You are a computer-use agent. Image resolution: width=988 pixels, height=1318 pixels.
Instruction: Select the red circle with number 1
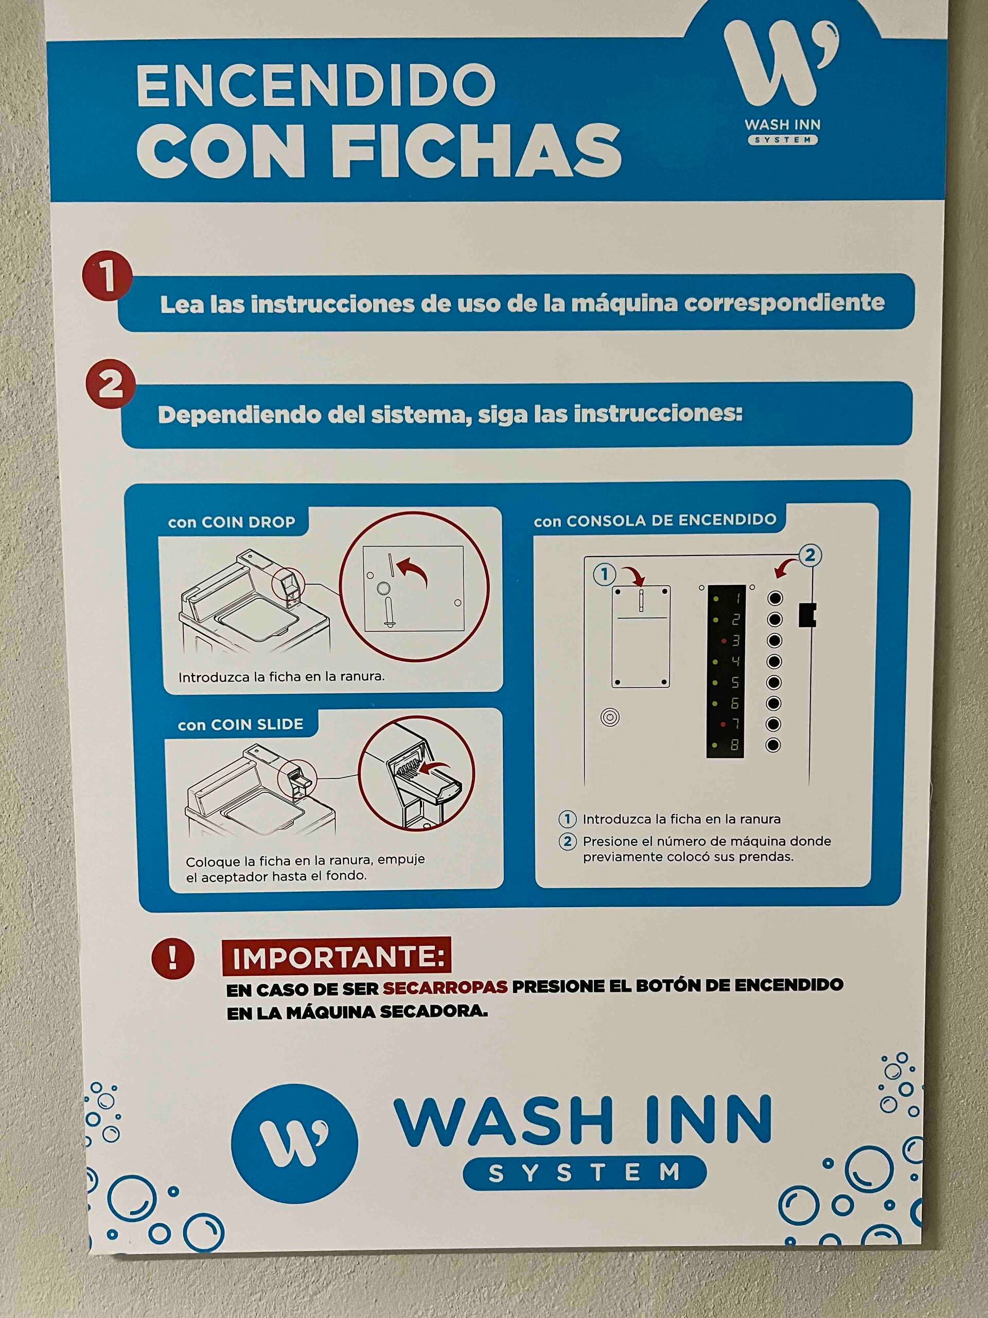pyautogui.click(x=107, y=275)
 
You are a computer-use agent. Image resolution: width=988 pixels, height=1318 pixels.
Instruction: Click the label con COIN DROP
pyautogui.click(x=232, y=523)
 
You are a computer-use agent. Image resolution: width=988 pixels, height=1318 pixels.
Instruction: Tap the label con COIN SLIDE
pyautogui.click(x=241, y=724)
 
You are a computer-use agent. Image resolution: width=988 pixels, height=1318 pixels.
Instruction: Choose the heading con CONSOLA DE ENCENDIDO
pyautogui.click(x=655, y=520)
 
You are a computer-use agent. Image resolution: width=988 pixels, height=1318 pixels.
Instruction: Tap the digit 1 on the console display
pyautogui.click(x=736, y=598)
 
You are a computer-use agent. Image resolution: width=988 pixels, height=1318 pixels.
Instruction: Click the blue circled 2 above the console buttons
pyautogui.click(x=810, y=556)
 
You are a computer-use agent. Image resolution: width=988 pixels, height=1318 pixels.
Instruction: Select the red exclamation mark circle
pyautogui.click(x=173, y=959)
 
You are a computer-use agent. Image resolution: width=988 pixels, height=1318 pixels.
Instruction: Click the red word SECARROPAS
pyautogui.click(x=445, y=987)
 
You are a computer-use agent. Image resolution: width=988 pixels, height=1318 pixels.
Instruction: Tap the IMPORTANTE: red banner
pyautogui.click(x=337, y=957)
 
